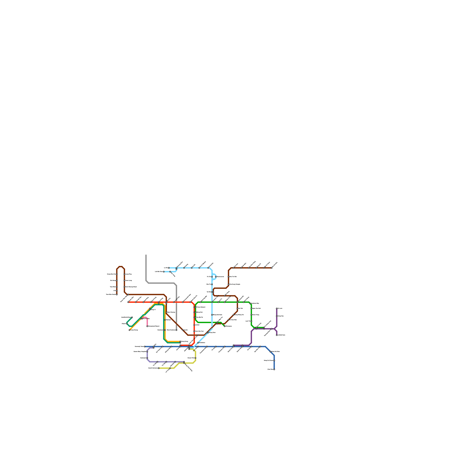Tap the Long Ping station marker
(125, 274)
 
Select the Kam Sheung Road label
(131, 287)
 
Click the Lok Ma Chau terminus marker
(164, 272)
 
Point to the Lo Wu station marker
(169, 268)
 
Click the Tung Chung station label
(134, 330)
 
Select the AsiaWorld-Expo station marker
(132, 317)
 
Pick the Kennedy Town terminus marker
(145, 346)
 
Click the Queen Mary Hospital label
(140, 352)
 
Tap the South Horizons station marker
(159, 368)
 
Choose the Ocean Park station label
(191, 358)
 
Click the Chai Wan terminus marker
(274, 369)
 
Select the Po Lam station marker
(277, 308)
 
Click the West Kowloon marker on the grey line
(176, 330)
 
